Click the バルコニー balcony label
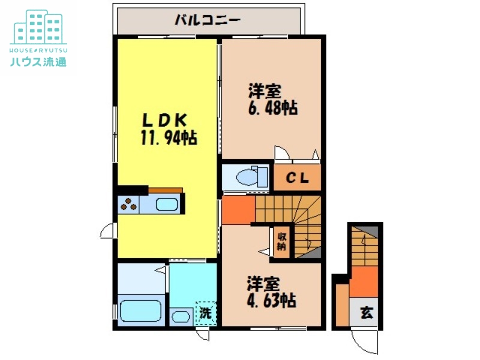click(207, 20)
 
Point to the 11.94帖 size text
click(169, 138)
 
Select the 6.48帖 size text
click(273, 109)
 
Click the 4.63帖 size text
click(272, 299)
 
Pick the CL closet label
click(296, 178)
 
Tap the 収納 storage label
click(281, 241)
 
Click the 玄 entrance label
click(365, 313)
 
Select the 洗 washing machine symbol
click(205, 313)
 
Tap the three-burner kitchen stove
click(128, 205)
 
